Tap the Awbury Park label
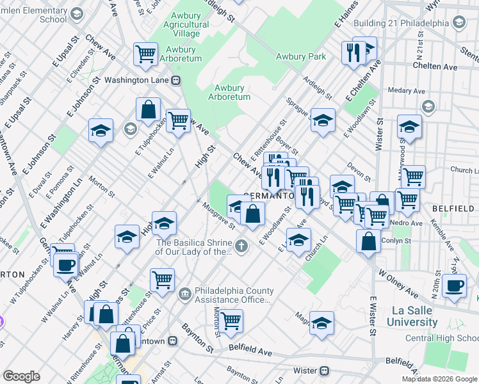(x=300, y=56)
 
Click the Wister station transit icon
(x=325, y=371)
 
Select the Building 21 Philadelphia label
(x=402, y=24)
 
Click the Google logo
(x=20, y=376)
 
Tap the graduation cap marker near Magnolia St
(x=321, y=323)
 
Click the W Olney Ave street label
(x=398, y=285)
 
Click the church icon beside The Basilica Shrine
(x=241, y=246)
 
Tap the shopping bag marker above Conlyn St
(x=369, y=241)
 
